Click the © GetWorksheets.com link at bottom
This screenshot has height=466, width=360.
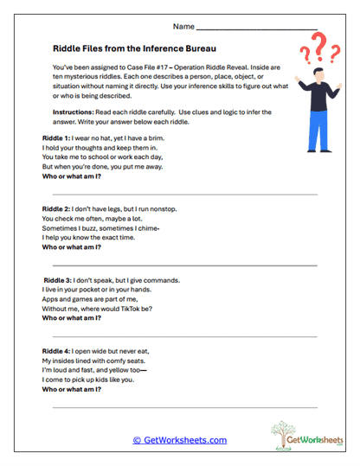(x=179, y=440)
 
